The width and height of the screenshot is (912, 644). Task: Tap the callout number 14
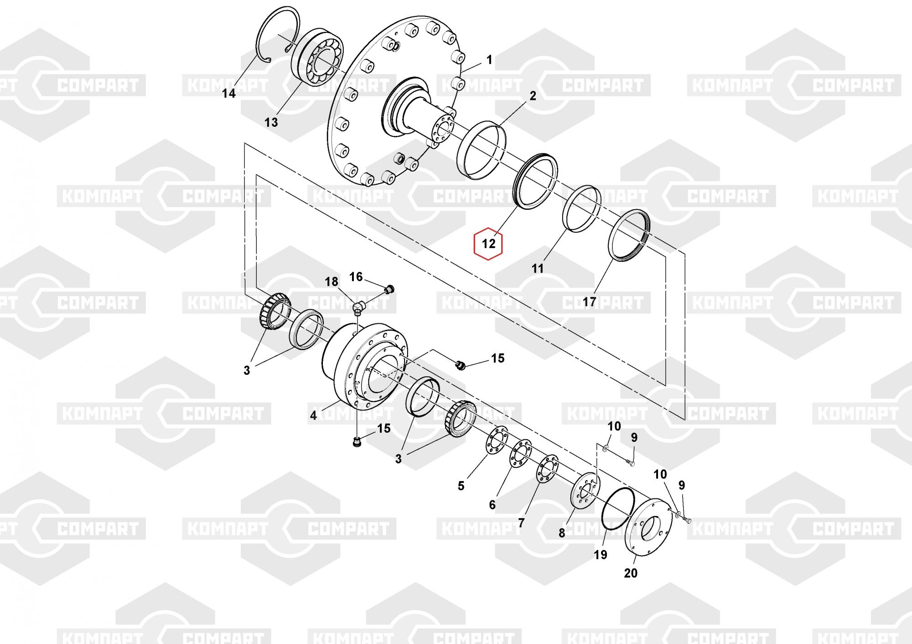229,93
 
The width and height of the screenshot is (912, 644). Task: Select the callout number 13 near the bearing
271,122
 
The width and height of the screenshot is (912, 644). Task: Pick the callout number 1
489,60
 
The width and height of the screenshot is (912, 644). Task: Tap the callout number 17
589,301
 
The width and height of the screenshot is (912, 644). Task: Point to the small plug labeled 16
389,289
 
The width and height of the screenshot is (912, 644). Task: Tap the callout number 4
313,415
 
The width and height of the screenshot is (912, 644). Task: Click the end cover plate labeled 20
648,527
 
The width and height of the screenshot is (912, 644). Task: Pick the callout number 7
521,523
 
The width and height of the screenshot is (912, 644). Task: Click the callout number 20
631,573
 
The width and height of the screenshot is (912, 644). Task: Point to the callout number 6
492,505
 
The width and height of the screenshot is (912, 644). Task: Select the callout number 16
356,277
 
